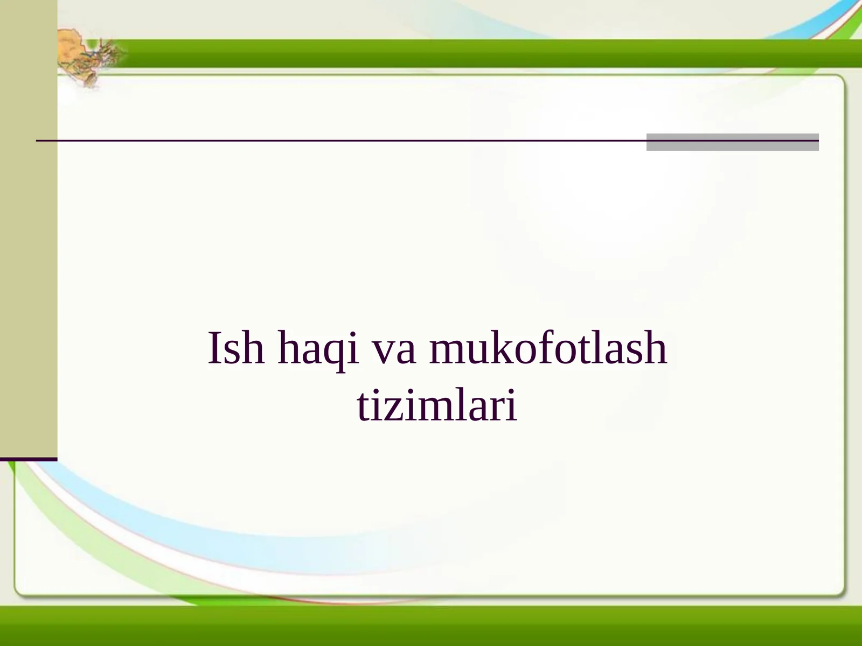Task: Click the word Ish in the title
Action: point(236,349)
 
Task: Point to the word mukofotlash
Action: point(548,349)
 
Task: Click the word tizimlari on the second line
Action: point(437,406)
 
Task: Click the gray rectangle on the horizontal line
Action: point(732,142)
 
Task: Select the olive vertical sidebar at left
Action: point(28,226)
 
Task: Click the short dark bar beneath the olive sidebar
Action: point(28,459)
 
